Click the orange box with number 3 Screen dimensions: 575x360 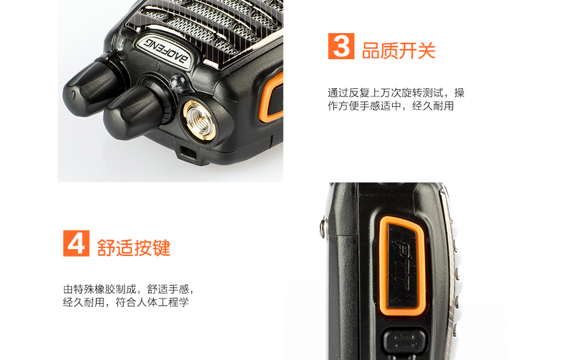[x=341, y=46]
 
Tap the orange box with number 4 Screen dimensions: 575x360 [x=76, y=243]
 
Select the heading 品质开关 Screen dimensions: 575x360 [x=398, y=51]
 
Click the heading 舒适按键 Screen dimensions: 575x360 [x=134, y=248]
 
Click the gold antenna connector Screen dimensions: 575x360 [x=199, y=121]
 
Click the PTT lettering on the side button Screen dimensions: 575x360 [x=404, y=265]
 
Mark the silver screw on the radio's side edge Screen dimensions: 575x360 [x=323, y=226]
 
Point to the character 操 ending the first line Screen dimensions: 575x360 [x=459, y=93]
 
